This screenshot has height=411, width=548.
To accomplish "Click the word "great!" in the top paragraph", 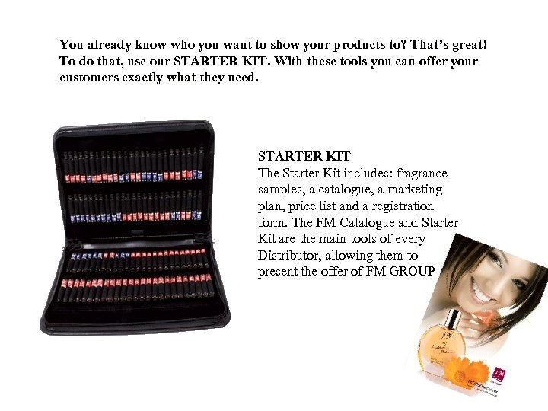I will tap(464, 45).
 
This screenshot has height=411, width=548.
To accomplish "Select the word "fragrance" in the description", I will tap(419, 174).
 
